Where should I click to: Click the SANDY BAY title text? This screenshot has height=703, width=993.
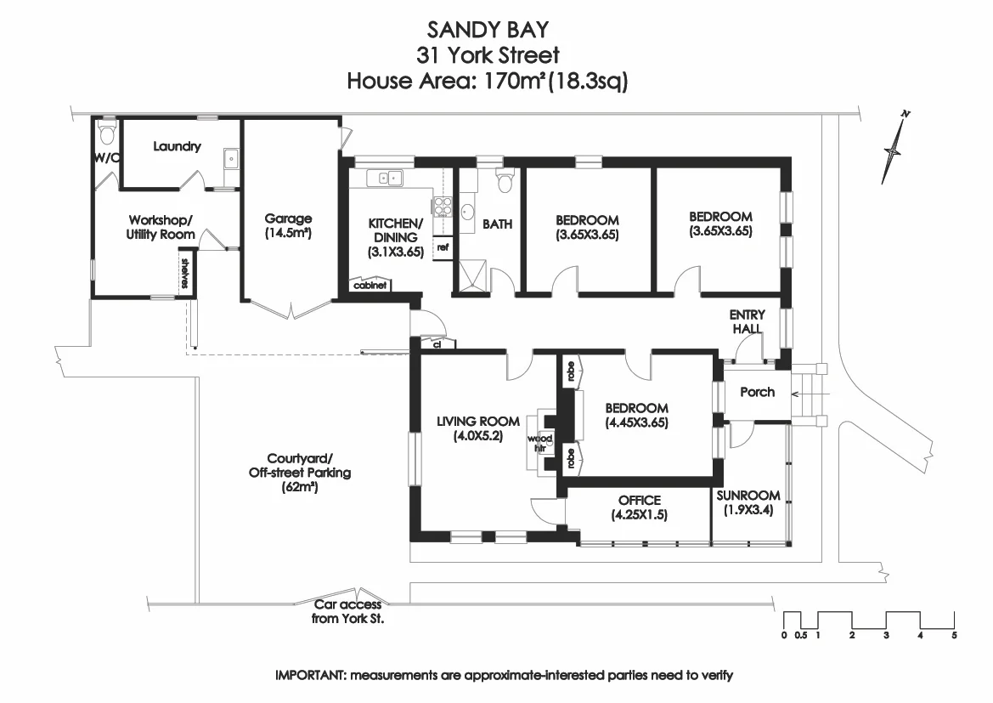coord(487,30)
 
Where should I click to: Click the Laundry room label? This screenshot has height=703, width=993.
coord(177,146)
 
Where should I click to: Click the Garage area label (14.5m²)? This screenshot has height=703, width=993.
coord(288,225)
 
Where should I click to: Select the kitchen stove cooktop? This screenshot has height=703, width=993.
coord(442,205)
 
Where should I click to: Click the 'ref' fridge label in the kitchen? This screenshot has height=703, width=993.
coord(442,247)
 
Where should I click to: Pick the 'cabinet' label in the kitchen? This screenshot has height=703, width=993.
coord(369,286)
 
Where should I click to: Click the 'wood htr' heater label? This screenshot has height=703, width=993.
coord(539,443)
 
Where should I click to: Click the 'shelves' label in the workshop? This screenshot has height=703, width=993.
coord(183,273)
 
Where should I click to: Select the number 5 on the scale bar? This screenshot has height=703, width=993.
coord(955,635)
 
